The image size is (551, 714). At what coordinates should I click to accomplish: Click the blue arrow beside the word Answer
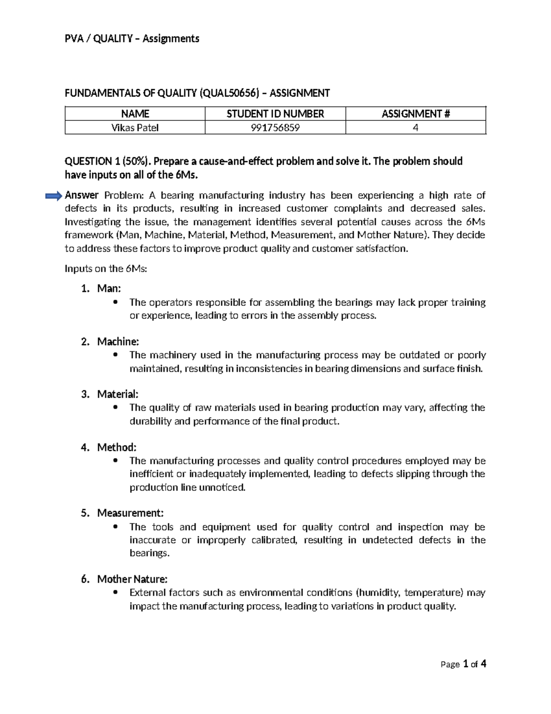tap(53, 196)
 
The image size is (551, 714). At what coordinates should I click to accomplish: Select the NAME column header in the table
tap(135, 114)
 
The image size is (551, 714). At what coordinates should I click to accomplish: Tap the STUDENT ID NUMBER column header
tap(275, 114)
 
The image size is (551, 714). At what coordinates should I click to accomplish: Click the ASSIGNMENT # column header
tap(416, 114)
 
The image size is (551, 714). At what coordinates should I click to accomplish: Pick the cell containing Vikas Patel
tap(135, 128)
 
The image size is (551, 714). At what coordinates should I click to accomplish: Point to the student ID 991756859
tap(275, 128)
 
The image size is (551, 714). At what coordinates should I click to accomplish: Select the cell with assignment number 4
tap(416, 128)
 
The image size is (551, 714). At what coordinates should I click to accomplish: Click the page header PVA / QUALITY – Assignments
tap(132, 39)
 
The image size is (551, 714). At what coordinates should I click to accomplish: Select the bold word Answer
tap(82, 195)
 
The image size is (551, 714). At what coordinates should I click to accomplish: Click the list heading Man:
tap(109, 289)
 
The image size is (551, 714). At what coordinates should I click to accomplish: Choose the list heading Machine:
tap(118, 342)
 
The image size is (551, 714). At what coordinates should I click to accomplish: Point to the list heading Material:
tap(118, 394)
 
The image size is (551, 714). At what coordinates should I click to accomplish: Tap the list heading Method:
tap(117, 447)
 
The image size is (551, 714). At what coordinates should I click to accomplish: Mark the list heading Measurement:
tap(130, 513)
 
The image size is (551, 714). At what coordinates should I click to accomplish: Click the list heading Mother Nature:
tap(132, 579)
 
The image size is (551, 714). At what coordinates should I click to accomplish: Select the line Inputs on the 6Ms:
tap(106, 269)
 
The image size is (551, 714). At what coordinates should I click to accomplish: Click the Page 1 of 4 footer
tap(463, 664)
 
